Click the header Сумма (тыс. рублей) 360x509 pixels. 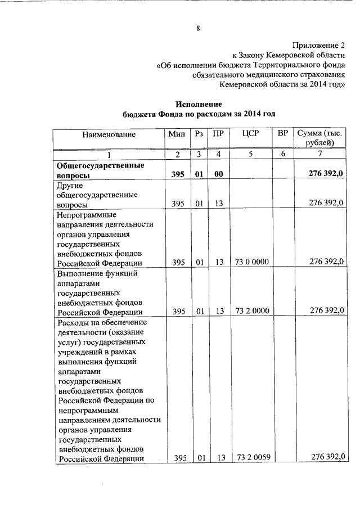320,138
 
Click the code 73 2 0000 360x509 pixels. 253,312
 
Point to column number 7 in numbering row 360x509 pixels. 319,155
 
